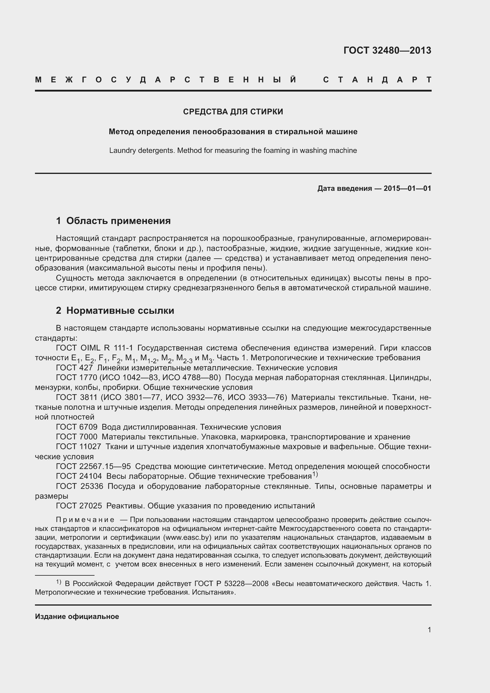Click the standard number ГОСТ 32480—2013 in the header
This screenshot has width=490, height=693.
pos(387,50)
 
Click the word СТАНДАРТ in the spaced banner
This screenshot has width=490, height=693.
pos(377,80)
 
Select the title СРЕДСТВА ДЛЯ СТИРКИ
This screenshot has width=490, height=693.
pos(233,112)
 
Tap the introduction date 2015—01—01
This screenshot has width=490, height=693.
pos(407,189)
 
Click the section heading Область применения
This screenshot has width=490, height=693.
pos(118,221)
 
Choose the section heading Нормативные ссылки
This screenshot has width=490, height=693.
pos(120,311)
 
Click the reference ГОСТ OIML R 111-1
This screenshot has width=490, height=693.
pos(95,348)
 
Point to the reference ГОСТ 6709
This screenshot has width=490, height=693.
pos(77,427)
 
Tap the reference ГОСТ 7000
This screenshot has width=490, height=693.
pos(77,437)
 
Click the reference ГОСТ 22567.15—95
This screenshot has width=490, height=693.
pos(93,467)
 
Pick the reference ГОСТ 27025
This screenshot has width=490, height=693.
pos(79,506)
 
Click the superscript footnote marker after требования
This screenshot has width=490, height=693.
pos(315,474)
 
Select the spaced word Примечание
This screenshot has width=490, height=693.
pos(85,520)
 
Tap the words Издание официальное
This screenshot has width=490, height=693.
pos(77,617)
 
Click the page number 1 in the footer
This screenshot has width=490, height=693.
pos(429,630)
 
